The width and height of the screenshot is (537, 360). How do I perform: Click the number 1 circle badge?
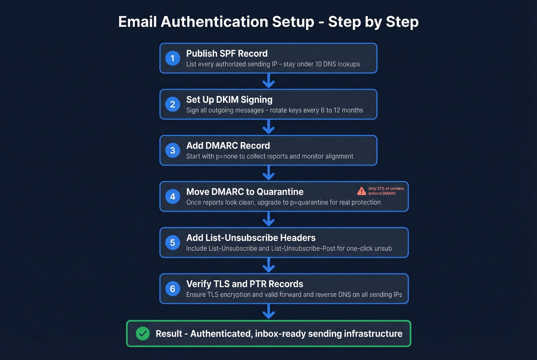pyautogui.click(x=173, y=58)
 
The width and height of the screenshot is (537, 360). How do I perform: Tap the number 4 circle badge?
pyautogui.click(x=173, y=197)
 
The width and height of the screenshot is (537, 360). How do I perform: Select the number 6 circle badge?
pyautogui.click(x=173, y=289)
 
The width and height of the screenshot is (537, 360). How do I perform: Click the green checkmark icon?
pyautogui.click(x=143, y=334)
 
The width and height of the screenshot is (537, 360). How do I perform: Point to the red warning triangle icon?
pyautogui.click(x=361, y=191)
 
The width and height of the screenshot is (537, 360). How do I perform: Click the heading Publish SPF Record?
pyautogui.click(x=227, y=54)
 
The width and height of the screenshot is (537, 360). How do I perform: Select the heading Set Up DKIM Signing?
pyautogui.click(x=229, y=100)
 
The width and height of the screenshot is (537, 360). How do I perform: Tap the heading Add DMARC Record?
pyautogui.click(x=228, y=146)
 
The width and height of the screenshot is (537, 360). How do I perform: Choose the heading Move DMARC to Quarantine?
pyautogui.click(x=245, y=192)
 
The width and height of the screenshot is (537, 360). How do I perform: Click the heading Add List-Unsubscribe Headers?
pyautogui.click(x=251, y=238)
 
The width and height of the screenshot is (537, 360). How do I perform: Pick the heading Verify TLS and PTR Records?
pyautogui.click(x=245, y=284)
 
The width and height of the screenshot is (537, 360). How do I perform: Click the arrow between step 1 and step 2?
pyautogui.click(x=268, y=81)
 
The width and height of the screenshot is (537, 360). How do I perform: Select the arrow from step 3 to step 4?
pyautogui.click(x=268, y=173)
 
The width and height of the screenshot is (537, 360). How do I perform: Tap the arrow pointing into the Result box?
pyautogui.click(x=268, y=312)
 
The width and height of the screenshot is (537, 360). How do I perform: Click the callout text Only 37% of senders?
pyautogui.click(x=386, y=189)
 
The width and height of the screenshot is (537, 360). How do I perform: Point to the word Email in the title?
pyautogui.click(x=137, y=22)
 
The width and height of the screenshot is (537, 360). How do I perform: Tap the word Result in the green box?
pyautogui.click(x=169, y=334)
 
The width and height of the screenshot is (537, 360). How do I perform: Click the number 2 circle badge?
pyautogui.click(x=173, y=104)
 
